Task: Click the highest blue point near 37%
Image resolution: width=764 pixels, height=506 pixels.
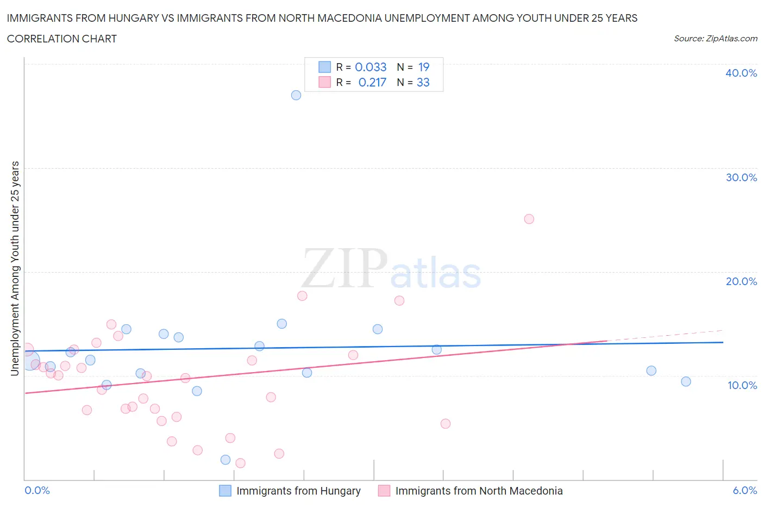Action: [x=296, y=95]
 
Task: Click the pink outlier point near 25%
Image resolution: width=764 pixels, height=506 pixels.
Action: [x=529, y=219]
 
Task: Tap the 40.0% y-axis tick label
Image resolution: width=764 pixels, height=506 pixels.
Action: [x=741, y=73]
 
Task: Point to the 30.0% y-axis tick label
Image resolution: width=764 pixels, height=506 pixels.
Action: [x=741, y=177]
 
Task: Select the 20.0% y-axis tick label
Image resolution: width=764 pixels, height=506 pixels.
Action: [x=741, y=281]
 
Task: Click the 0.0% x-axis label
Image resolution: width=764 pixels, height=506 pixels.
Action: [x=37, y=490]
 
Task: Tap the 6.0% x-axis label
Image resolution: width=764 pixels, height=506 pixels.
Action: [x=744, y=490]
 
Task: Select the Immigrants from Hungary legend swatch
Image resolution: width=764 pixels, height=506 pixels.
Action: [x=225, y=491]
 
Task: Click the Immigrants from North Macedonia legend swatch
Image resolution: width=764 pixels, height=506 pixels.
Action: [x=384, y=491]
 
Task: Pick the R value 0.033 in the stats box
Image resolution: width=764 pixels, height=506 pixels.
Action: [x=371, y=67]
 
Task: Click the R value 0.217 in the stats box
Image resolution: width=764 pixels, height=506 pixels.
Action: [x=372, y=82]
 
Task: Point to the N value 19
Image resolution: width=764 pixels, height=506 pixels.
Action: [x=424, y=67]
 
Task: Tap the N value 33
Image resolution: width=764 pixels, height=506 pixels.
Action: [x=423, y=82]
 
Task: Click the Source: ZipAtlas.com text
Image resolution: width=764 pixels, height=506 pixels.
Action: [x=715, y=39]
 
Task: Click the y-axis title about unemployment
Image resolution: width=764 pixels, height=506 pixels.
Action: [x=15, y=268]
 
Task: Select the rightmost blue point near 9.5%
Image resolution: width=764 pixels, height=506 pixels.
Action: [x=686, y=382]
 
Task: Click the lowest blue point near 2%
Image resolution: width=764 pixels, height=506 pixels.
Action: [x=226, y=460]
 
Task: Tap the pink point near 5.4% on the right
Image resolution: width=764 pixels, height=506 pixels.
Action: [x=446, y=424]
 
